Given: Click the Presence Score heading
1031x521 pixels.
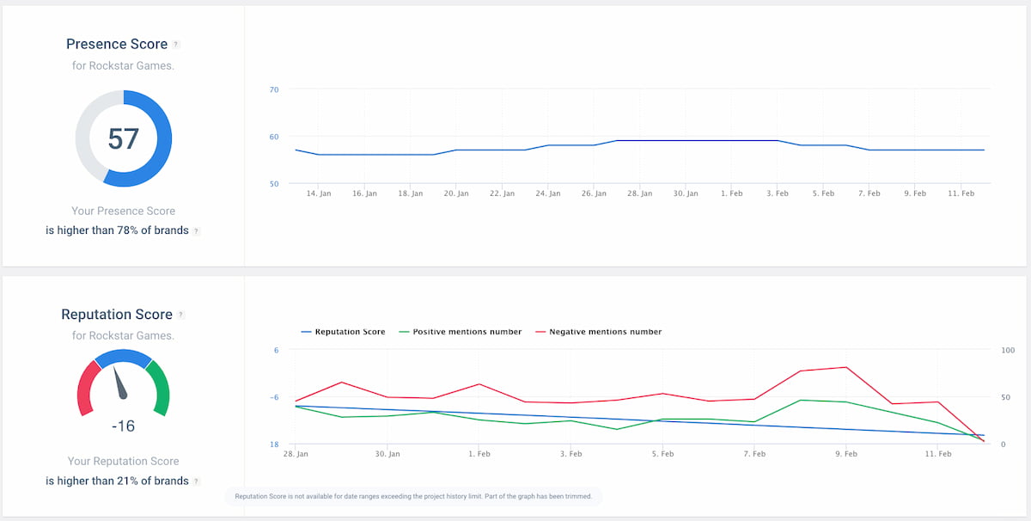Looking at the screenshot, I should tap(117, 44).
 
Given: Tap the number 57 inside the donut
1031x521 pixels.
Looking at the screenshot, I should tap(124, 138).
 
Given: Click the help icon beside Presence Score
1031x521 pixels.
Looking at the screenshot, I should tap(176, 45).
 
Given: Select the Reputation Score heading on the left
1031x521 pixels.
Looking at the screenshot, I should tap(117, 315).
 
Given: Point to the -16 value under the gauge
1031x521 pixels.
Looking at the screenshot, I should tap(124, 426).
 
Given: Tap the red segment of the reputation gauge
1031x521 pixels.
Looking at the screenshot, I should tap(87, 386).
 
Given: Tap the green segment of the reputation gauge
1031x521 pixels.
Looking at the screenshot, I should tap(160, 386).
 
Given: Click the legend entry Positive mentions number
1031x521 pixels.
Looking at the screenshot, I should tap(467, 332).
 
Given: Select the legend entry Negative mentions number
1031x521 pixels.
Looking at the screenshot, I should tap(605, 332).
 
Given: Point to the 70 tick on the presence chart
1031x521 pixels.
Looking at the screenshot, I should tap(274, 89).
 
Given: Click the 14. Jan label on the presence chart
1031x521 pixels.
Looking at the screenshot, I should tap(319, 194).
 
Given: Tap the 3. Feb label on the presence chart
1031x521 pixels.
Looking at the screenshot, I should tap(777, 194).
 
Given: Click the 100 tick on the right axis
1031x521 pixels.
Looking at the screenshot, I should tap(1008, 351).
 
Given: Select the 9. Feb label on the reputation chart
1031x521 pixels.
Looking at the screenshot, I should tap(845, 454).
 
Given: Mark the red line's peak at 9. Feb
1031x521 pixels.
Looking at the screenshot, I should tap(845, 367).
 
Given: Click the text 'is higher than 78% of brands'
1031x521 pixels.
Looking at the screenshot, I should tap(117, 230).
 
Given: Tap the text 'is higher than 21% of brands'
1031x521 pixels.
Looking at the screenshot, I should tap(117, 481).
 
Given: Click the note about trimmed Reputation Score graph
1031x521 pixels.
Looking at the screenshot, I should tap(413, 497).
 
